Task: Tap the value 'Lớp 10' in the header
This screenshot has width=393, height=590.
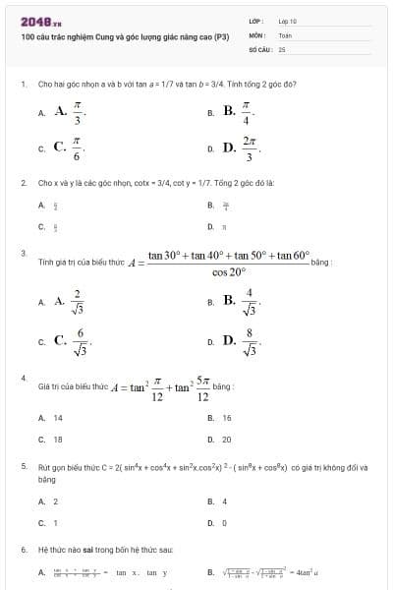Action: pyautogui.click(x=288, y=20)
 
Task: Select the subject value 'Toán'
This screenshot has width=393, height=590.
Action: pyautogui.click(x=286, y=33)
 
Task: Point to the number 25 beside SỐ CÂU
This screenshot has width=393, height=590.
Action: pyautogui.click(x=282, y=47)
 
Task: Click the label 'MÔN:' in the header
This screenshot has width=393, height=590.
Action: pyautogui.click(x=257, y=33)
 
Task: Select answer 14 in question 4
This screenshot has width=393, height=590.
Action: pyautogui.click(x=57, y=418)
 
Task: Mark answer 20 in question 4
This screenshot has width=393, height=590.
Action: pyautogui.click(x=226, y=439)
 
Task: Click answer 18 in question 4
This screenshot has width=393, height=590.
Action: pyautogui.click(x=57, y=439)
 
